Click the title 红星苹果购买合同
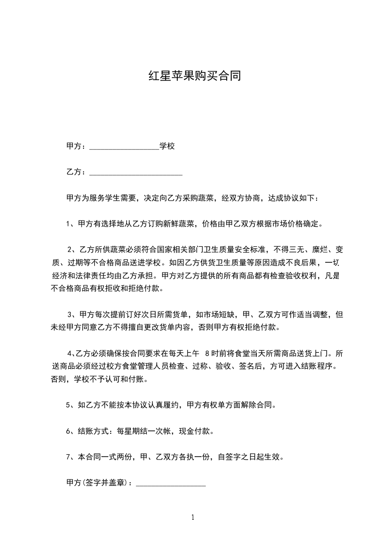tap(194, 77)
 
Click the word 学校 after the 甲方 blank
tap(167, 146)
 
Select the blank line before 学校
tap(124, 147)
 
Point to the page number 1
tap(193, 517)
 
